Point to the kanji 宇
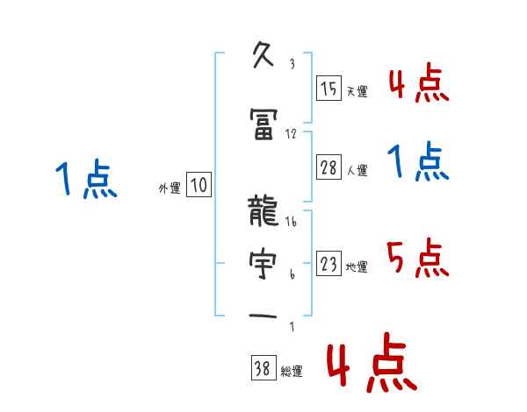pos(264,262)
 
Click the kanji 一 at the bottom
pos(264,315)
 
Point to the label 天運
pos(357,91)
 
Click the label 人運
pos(357,170)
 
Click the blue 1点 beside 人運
pos(417,163)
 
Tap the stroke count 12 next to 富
pos(292,133)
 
